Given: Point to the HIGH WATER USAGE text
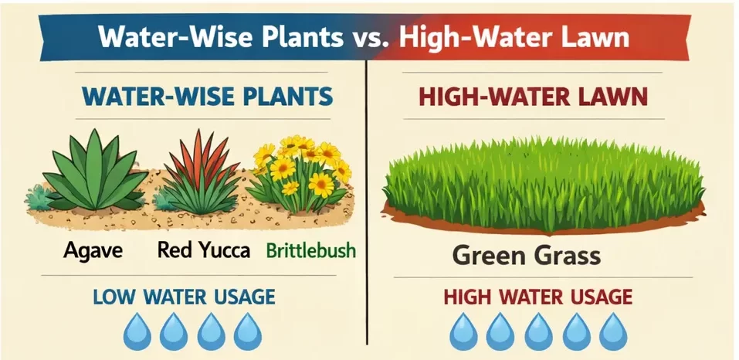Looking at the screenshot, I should click(537, 297).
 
